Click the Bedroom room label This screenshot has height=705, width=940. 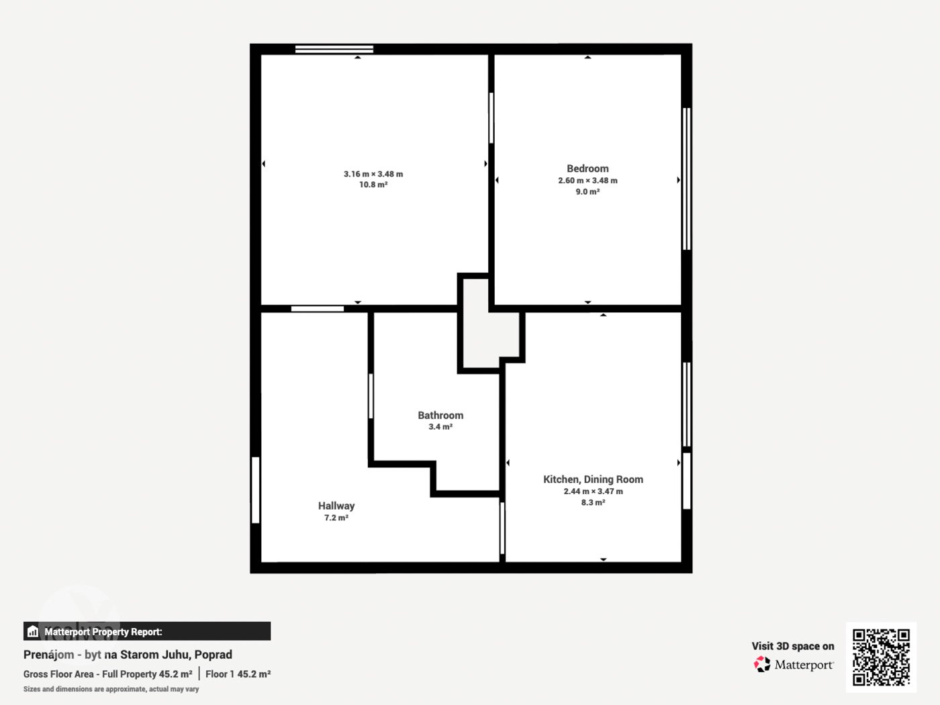click(587, 169)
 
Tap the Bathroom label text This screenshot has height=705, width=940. click(440, 415)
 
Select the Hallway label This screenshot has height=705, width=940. click(336, 506)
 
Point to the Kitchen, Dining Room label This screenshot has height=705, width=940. click(593, 479)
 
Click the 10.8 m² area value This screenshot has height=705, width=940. click(373, 185)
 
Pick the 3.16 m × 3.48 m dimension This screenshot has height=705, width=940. click(373, 174)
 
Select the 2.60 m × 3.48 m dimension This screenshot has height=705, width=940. click(587, 181)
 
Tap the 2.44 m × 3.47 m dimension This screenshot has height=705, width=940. click(593, 491)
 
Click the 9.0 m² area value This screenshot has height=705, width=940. click(587, 192)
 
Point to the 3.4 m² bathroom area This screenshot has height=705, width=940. click(440, 427)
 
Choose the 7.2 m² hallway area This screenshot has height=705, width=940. click(336, 518)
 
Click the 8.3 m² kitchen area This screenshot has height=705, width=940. click(593, 502)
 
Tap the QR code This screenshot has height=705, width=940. click(881, 657)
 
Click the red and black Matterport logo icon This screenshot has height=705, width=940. click(762, 664)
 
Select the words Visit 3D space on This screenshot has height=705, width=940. click(793, 647)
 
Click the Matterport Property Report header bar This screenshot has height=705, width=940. click(147, 631)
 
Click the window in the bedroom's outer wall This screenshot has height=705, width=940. click(686, 179)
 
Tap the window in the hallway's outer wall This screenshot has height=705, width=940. click(256, 490)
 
